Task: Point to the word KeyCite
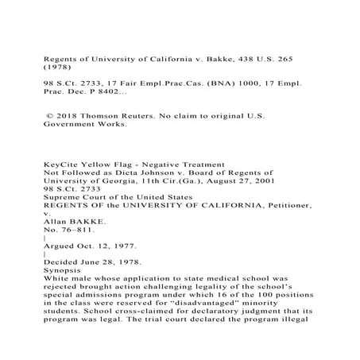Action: coord(63,164)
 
